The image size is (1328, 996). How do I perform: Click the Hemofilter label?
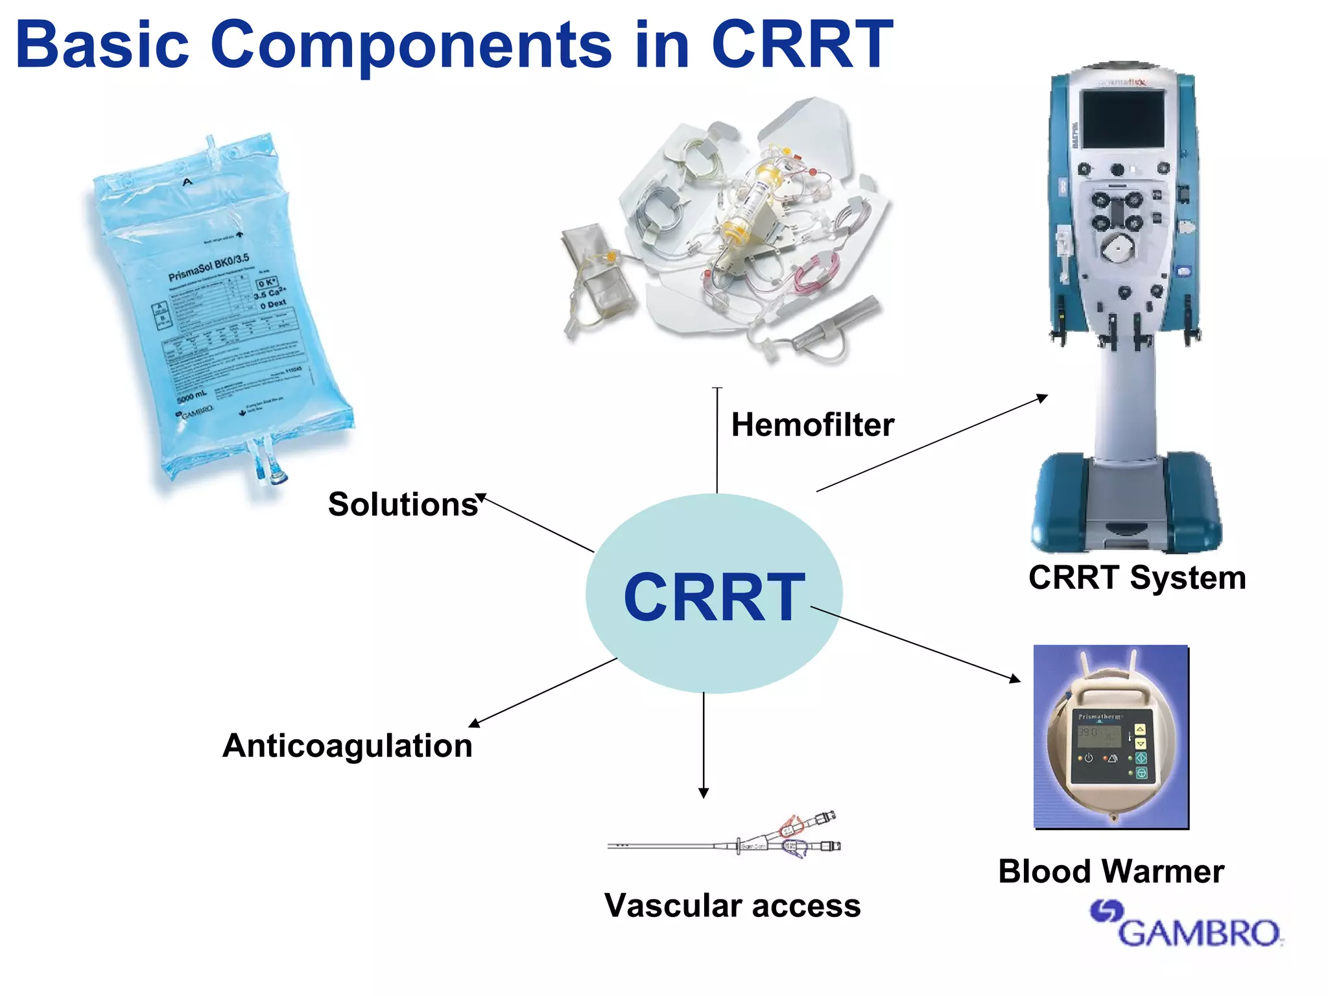(x=812, y=425)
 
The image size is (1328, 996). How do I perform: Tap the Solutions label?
(x=403, y=504)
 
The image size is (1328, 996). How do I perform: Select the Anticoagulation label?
(x=348, y=746)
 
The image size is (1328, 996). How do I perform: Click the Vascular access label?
(x=732, y=905)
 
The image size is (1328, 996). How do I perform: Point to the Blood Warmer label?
(x=1111, y=871)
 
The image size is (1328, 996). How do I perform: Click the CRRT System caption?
(x=1137, y=577)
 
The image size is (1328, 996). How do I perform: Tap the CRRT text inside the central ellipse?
(x=714, y=597)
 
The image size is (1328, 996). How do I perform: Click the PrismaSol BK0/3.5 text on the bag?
(x=209, y=267)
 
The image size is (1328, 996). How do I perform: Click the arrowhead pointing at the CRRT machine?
(x=1042, y=397)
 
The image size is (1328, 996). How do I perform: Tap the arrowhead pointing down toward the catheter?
(x=704, y=792)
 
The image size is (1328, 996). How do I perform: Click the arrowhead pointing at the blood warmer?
(x=1015, y=678)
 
